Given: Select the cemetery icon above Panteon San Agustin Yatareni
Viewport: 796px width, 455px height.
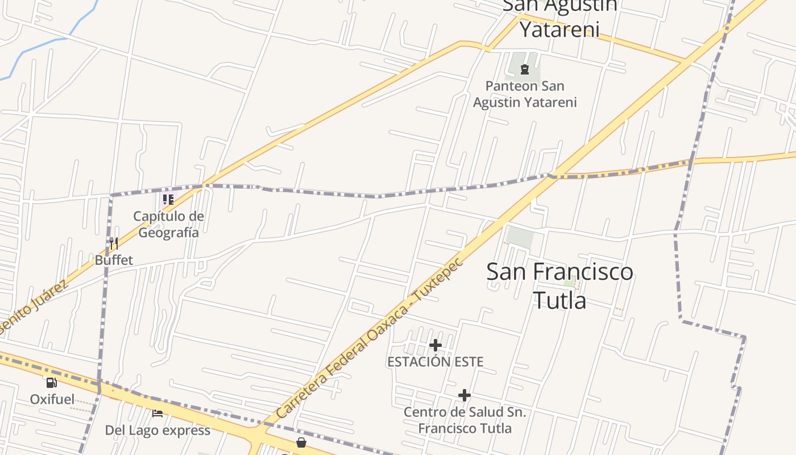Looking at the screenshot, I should pos(525,69).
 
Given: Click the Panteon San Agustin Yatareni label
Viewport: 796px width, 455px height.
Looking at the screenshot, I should pos(525,94).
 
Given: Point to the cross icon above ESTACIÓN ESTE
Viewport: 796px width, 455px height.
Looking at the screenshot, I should pos(436,345).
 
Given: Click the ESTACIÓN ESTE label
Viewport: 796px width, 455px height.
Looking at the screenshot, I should pos(436,362).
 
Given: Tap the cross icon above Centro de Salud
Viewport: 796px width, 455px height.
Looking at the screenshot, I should pos(465,395).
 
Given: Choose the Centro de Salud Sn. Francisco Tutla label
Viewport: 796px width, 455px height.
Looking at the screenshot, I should pos(465,420).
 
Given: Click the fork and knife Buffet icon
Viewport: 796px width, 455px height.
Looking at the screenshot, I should pos(114,243).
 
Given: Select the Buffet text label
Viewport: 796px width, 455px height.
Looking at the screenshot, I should pos(114,260).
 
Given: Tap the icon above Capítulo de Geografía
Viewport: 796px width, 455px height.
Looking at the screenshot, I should pos(168,199).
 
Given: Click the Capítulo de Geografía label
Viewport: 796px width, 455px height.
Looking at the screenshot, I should pos(168,224).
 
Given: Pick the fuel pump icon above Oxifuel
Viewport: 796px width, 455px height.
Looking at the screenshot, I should pos(52,383).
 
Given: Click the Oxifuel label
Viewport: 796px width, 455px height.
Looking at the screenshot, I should pos(52,399).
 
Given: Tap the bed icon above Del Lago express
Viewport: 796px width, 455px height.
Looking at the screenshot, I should pos(157,413).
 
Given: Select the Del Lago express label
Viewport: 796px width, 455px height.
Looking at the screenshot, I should pos(157,430).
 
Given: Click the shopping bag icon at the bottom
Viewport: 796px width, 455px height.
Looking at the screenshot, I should pos(301,442).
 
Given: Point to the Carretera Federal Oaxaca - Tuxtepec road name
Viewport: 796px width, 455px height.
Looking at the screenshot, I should pos(370,339).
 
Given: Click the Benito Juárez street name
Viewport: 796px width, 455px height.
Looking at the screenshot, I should pos(34,307).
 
